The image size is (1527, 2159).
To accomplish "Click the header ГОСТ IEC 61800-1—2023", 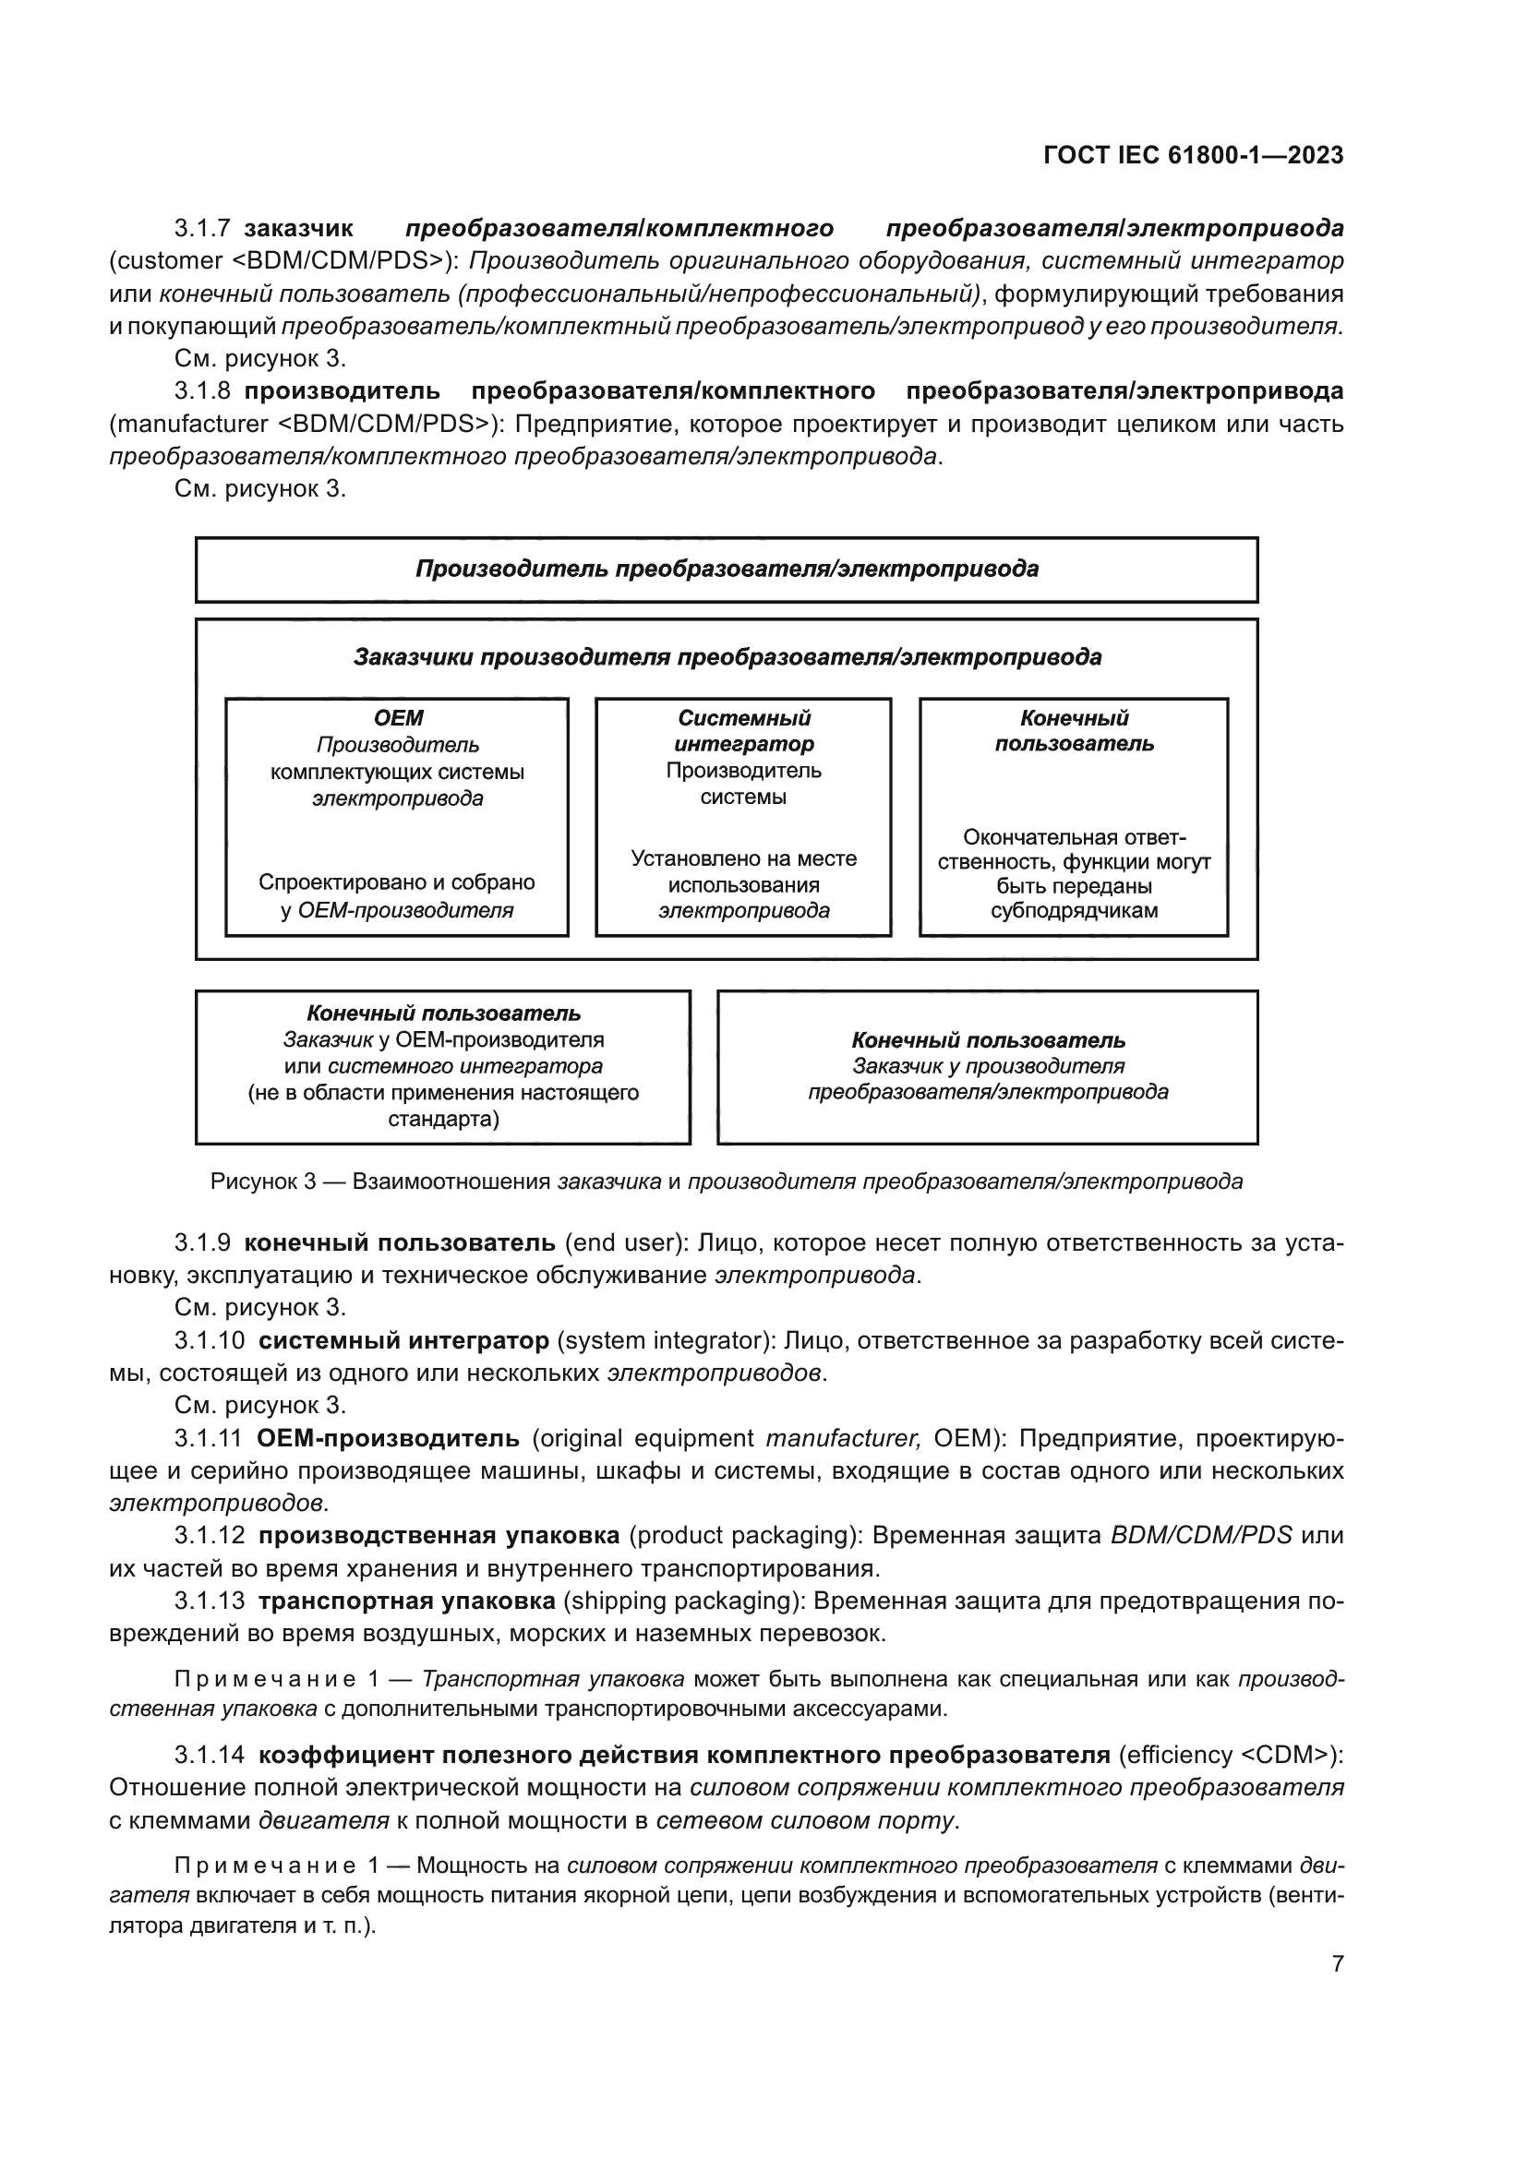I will (x=1192, y=155).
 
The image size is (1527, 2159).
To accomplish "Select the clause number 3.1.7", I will (x=202, y=229).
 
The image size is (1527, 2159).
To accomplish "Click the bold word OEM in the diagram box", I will (x=398, y=718).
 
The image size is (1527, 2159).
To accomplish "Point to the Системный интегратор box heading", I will (x=744, y=731).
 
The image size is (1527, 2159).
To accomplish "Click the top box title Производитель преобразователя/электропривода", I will (x=727, y=569).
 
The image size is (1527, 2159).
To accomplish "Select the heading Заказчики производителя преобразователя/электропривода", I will (x=727, y=656).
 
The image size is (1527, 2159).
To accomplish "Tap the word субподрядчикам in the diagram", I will (x=1074, y=910).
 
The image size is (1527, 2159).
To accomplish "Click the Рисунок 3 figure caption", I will (x=726, y=1182).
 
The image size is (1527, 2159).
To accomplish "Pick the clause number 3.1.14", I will (x=209, y=1756).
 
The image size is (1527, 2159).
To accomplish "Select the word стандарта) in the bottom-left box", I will (x=443, y=1119).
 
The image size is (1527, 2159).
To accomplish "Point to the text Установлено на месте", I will (x=744, y=858).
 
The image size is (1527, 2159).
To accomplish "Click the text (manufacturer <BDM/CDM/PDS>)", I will (x=305, y=424).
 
